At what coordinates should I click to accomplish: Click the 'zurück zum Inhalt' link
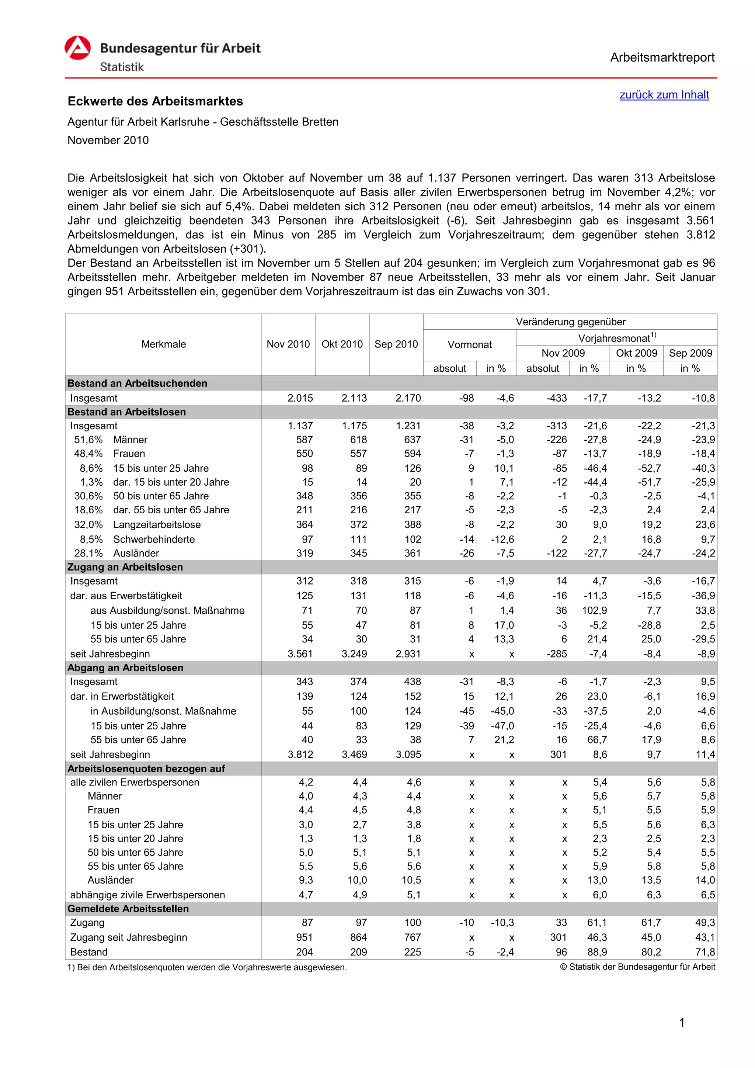tap(664, 95)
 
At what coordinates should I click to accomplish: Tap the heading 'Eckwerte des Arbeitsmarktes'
tap(155, 101)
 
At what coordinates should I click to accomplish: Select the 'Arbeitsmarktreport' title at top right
tap(662, 58)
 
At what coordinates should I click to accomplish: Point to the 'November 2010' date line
tap(108, 141)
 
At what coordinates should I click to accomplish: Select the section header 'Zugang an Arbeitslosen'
tap(125, 567)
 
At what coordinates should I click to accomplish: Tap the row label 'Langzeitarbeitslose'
tap(157, 525)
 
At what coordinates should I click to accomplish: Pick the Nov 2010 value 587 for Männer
tap(305, 440)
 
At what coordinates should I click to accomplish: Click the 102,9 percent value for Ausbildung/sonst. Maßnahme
tap(595, 610)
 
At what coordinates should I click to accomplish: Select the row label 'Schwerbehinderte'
tap(154, 539)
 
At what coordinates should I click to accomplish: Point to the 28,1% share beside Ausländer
tap(88, 553)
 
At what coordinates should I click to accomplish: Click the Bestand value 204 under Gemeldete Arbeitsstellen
tap(305, 952)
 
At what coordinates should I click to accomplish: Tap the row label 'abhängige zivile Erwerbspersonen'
tap(147, 895)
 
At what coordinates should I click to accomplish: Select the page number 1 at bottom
tap(682, 1023)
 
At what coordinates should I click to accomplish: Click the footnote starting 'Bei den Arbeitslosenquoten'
tap(207, 968)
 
